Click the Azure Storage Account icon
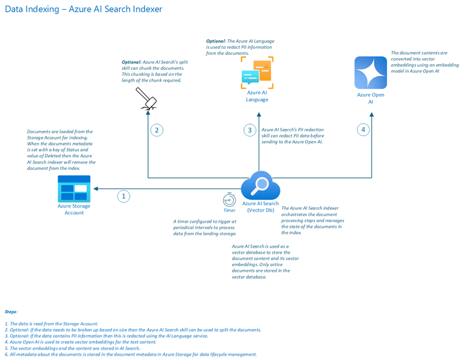(x=74, y=188)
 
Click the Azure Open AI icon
(x=370, y=72)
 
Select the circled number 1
(x=124, y=196)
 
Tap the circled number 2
(x=157, y=130)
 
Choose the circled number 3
(x=249, y=130)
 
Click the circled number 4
(x=363, y=130)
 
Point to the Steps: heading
(x=11, y=312)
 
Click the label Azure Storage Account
(x=74, y=209)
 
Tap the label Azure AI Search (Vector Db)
(x=260, y=207)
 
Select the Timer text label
(x=229, y=211)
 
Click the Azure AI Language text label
(x=257, y=96)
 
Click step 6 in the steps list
(x=130, y=354)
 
